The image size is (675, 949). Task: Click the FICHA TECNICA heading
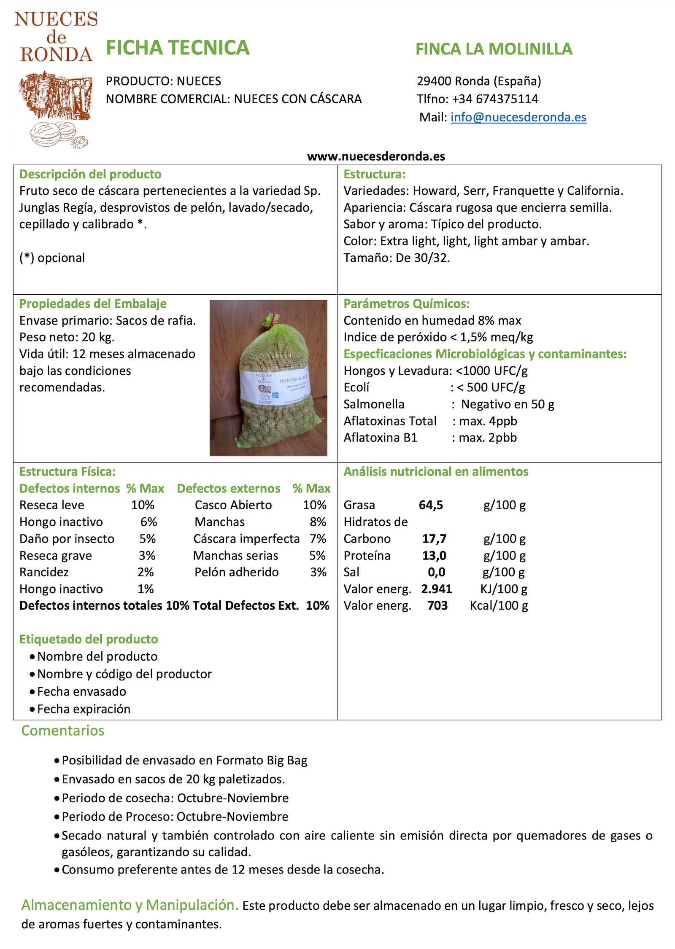coord(178,48)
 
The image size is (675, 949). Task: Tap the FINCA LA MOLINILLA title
coord(494,49)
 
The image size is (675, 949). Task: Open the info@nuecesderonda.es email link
coord(518,117)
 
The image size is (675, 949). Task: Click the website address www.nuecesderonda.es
coord(376,156)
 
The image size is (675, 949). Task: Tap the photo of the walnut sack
coord(268,377)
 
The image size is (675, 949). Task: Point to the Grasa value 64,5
coord(431,505)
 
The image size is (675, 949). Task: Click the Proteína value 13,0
coord(434,556)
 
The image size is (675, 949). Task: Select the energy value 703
coord(437,606)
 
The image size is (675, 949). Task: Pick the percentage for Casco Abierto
coord(314,505)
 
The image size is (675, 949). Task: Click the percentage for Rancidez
coord(146,572)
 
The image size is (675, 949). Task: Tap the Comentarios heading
coord(63,731)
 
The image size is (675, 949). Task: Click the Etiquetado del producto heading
coord(89,639)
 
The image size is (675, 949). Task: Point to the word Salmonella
coord(374,404)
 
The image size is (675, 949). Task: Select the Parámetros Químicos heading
coord(406,304)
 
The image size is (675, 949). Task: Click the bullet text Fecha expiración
coord(84,709)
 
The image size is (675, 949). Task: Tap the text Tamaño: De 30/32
coord(397,258)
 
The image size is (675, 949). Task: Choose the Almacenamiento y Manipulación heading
coord(130,905)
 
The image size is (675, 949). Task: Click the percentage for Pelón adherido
coord(318,572)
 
